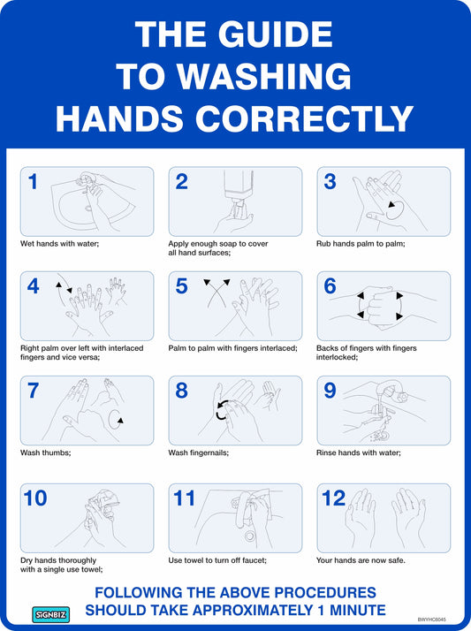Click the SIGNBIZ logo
[51, 614]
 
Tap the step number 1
[33, 181]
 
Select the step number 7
[33, 391]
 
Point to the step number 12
[333, 498]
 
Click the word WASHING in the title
[264, 76]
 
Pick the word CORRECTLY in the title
[305, 118]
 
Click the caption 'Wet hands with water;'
[59, 243]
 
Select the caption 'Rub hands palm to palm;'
[361, 243]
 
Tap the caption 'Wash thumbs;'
[45, 452]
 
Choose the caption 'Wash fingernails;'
[198, 452]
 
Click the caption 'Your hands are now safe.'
[361, 560]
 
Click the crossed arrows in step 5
[217, 293]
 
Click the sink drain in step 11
[250, 536]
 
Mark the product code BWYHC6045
[431, 620]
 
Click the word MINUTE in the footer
[358, 610]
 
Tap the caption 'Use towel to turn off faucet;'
[217, 560]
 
